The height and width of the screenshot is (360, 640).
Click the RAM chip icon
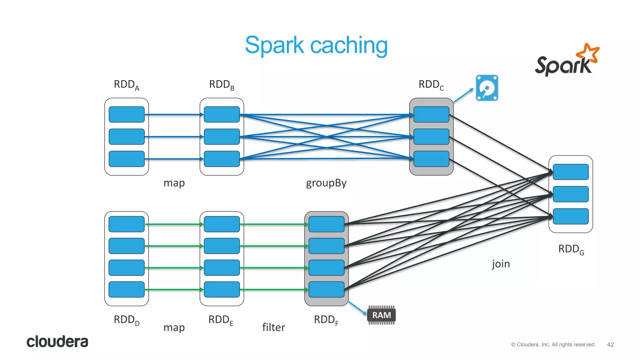click(x=381, y=315)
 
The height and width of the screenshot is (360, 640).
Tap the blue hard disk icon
click(x=487, y=88)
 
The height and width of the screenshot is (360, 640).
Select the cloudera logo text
click(x=57, y=342)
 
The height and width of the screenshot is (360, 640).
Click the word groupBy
click(x=326, y=183)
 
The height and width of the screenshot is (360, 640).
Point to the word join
click(x=501, y=264)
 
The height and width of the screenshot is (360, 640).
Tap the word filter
click(x=273, y=327)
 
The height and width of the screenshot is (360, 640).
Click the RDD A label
click(x=126, y=85)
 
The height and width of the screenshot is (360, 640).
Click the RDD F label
click(x=326, y=320)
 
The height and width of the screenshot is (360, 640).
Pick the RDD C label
click(x=431, y=85)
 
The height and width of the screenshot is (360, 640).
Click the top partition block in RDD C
click(x=431, y=114)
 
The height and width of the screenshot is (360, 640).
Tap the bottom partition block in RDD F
click(x=326, y=289)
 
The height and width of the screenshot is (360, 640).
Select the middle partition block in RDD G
click(x=571, y=194)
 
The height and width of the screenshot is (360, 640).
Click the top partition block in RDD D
click(x=127, y=224)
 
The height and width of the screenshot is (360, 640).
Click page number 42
click(x=610, y=344)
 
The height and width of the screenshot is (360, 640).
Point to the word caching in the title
click(x=349, y=45)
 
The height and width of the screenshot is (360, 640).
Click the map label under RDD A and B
click(x=174, y=183)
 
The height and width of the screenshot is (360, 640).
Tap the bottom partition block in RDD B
click(x=222, y=159)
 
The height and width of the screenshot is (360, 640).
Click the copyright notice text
click(x=553, y=344)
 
